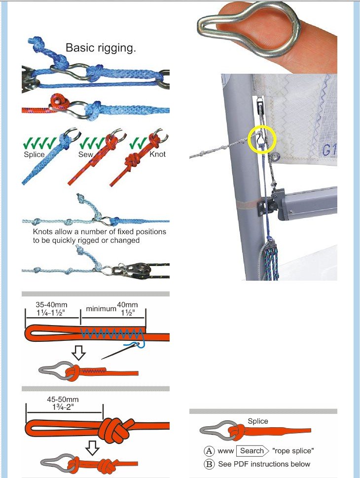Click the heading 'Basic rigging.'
[101, 48]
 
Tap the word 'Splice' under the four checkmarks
[34, 154]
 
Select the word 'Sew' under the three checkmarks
[86, 154]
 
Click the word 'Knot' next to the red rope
[157, 154]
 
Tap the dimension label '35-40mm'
[51, 304]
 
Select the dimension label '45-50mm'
[63, 399]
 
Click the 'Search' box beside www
[252, 450]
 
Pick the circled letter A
[209, 451]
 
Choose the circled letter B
[209, 464]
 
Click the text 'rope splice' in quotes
[293, 450]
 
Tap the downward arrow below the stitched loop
[78, 353]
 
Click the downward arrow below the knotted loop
[92, 447]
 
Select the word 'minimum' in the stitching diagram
[101, 308]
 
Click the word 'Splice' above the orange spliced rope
[258, 421]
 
